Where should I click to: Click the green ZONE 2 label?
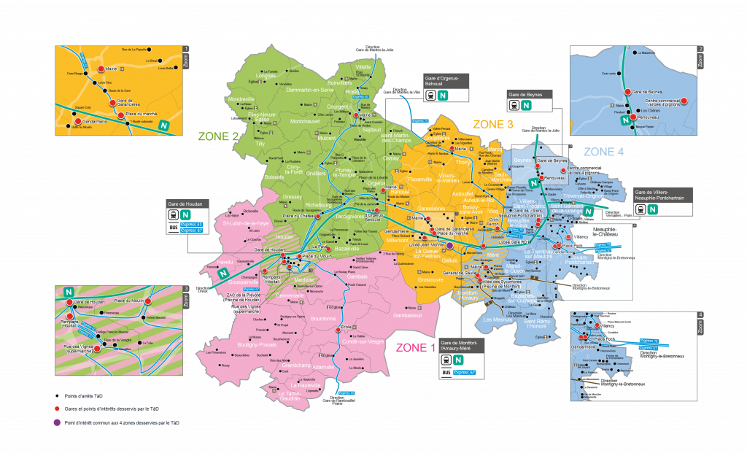218,136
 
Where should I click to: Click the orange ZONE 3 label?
493,125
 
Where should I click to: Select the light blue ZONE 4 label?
603,152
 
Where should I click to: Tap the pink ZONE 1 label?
415,347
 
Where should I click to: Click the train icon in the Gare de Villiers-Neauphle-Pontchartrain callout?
639,209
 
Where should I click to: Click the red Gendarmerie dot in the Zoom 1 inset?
79,121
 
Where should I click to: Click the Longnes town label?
266,75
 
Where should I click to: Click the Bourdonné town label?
322,319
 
